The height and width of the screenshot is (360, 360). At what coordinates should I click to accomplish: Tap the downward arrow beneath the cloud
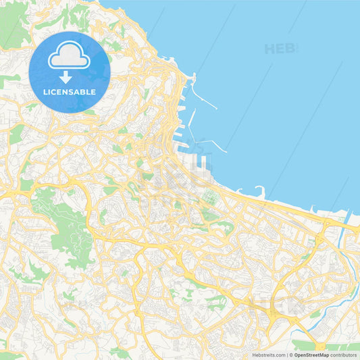[69, 76]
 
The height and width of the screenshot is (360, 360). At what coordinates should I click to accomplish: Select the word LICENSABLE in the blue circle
[70, 92]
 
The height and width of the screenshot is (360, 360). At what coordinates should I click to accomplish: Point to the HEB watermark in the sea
[279, 49]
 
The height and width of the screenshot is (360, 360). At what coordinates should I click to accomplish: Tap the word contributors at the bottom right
[344, 355]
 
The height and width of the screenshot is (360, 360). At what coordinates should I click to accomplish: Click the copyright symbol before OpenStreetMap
[291, 355]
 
